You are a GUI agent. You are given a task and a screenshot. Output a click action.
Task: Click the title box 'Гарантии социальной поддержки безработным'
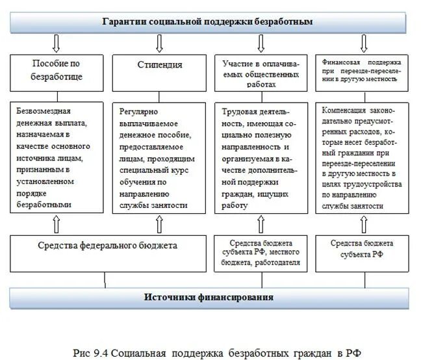(x=208, y=21)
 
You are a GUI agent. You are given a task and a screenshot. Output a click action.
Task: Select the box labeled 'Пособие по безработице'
(x=57, y=71)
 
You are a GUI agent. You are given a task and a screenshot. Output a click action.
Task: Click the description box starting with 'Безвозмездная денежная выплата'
(x=57, y=157)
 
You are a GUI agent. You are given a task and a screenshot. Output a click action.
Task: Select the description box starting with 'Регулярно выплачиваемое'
(x=160, y=157)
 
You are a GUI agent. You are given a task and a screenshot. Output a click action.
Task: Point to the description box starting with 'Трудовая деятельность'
(x=261, y=157)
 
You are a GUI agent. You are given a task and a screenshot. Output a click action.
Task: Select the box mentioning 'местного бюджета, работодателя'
(x=261, y=253)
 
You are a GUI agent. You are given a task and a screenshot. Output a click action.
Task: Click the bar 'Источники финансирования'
(x=208, y=298)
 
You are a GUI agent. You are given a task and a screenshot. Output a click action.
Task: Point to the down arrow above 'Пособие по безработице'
(x=56, y=44)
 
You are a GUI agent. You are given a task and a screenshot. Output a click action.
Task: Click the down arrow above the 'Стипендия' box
(x=159, y=44)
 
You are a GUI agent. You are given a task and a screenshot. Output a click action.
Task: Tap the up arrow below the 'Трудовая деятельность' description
(x=261, y=224)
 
